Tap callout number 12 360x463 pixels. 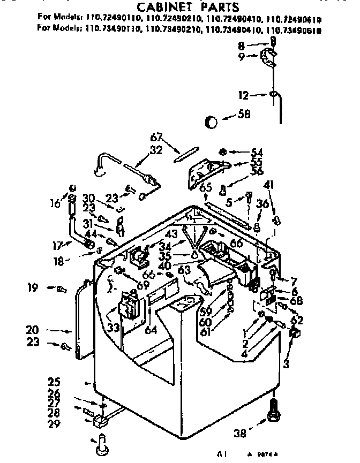click(x=244, y=96)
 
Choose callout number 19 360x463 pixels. click(x=33, y=288)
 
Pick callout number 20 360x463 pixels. click(x=34, y=331)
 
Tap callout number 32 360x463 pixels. click(x=156, y=150)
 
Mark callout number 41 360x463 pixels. click(x=268, y=185)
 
